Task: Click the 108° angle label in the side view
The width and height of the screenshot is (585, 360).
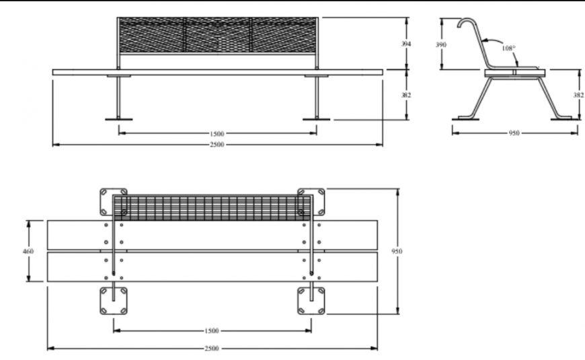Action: [508, 48]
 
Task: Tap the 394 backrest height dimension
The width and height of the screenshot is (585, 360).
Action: [405, 44]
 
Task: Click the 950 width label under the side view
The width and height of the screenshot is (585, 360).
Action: [514, 133]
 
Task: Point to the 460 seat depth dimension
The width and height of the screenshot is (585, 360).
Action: [28, 250]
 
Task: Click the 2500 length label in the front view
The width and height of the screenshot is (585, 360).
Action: [217, 144]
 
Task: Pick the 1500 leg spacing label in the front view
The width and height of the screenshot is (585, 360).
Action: [217, 133]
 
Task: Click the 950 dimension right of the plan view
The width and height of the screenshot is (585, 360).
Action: [397, 250]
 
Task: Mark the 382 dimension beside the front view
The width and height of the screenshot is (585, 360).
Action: [405, 95]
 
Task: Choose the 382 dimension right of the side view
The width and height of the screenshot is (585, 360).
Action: [578, 95]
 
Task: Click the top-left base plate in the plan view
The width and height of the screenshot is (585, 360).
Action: [113, 200]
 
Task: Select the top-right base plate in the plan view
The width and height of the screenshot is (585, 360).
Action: [311, 200]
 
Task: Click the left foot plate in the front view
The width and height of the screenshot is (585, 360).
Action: [118, 119]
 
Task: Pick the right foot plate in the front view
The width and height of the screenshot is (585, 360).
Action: [316, 119]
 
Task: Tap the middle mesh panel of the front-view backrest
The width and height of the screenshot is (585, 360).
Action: [217, 35]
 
